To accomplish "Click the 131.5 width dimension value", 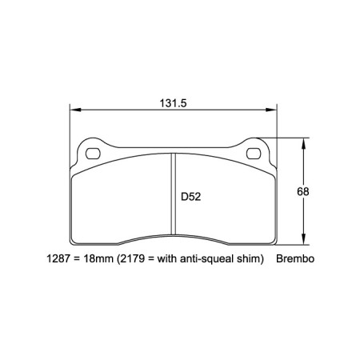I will click(x=173, y=102).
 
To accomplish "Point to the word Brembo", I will click(x=297, y=260).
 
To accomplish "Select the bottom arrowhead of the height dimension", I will click(x=302, y=242).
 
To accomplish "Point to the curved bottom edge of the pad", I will click(x=173, y=234).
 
